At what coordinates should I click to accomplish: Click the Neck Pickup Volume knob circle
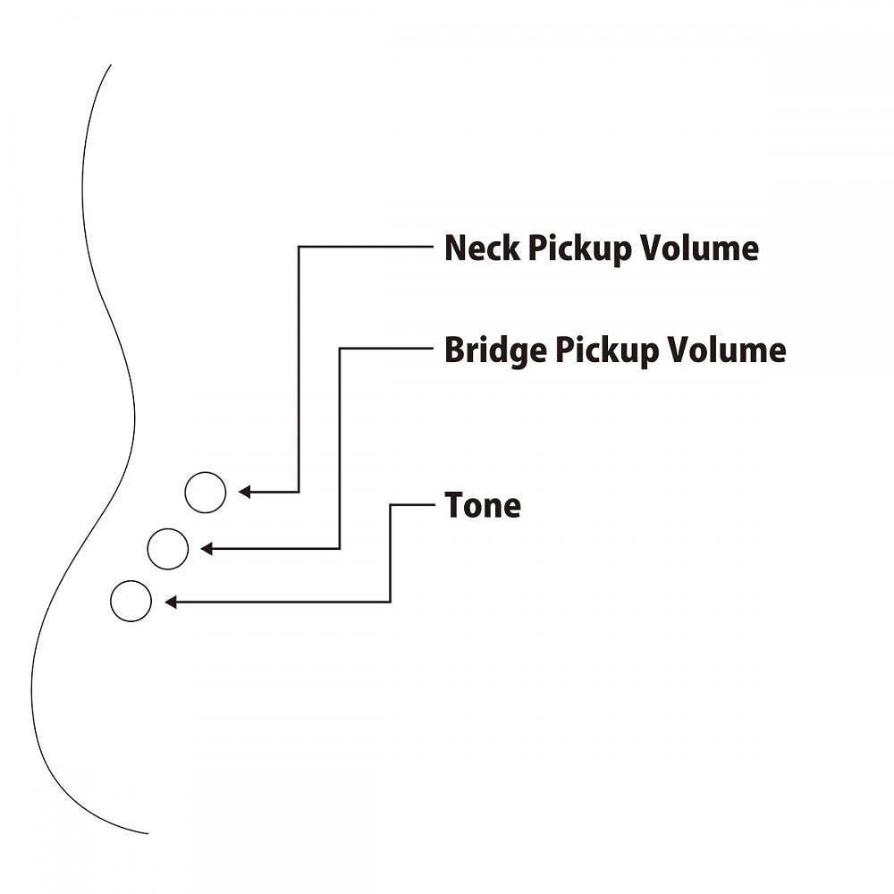205,492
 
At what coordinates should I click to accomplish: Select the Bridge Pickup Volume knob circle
167,548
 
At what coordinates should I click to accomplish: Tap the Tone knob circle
131,602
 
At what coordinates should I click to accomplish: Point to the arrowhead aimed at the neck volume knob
244,492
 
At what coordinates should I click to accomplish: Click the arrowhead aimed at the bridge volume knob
207,548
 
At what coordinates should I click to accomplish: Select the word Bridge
494,350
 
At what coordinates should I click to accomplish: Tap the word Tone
483,506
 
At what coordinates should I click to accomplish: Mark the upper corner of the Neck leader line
299,247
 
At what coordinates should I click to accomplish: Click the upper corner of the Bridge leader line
340,349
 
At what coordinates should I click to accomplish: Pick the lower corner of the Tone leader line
391,602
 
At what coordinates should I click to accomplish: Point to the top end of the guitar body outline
110,65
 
